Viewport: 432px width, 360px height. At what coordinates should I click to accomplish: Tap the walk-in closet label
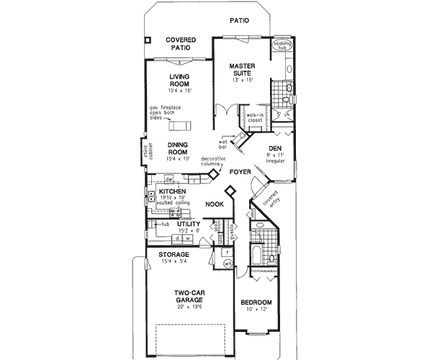click(x=255, y=117)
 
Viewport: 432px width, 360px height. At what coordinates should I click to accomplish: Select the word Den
click(x=274, y=148)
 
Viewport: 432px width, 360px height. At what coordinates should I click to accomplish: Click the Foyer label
click(x=240, y=172)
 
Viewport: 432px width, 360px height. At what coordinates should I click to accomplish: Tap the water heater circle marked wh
click(x=227, y=264)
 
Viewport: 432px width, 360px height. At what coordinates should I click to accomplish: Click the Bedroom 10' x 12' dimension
click(x=256, y=310)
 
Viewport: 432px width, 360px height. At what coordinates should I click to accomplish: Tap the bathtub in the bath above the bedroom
click(x=257, y=255)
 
